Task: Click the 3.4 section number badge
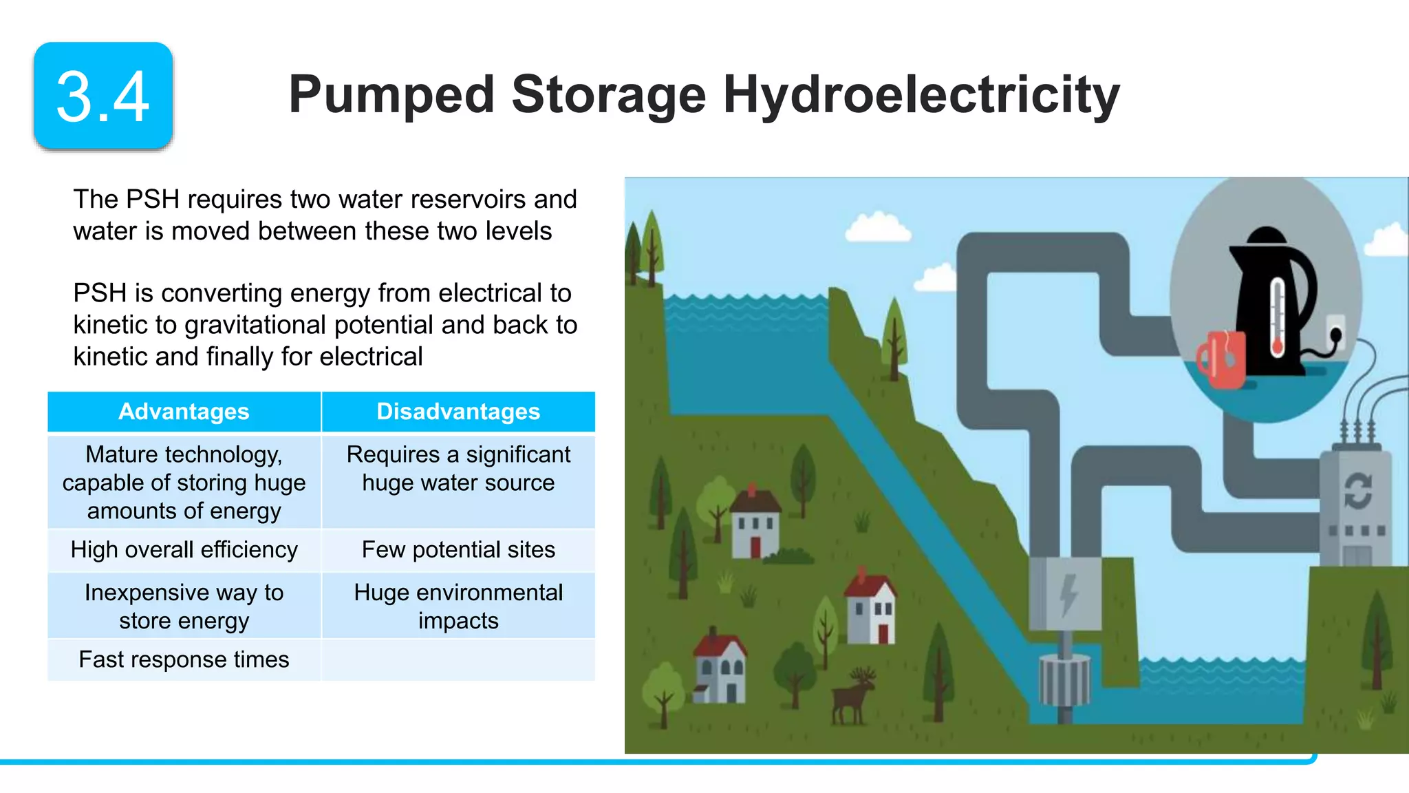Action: pyautogui.click(x=103, y=96)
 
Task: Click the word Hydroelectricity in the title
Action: pyautogui.click(x=921, y=95)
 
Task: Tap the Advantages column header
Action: pyautogui.click(x=184, y=412)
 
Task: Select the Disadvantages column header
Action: pyautogui.click(x=458, y=412)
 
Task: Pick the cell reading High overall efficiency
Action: pyautogui.click(x=184, y=550)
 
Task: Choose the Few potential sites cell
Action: pyautogui.click(x=458, y=550)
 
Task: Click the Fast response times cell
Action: pyautogui.click(x=184, y=659)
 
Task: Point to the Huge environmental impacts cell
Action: pyautogui.click(x=458, y=606)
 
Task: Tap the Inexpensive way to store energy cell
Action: pyautogui.click(x=184, y=606)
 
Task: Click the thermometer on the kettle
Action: pyautogui.click(x=1278, y=317)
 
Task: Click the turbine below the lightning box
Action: pyautogui.click(x=1064, y=681)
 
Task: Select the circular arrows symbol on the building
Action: pyautogui.click(x=1358, y=491)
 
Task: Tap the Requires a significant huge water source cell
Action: pyautogui.click(x=458, y=469)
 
